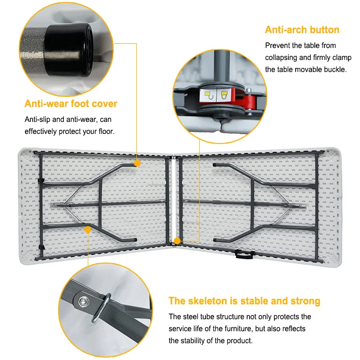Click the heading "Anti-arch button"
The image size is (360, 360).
tap(302, 30)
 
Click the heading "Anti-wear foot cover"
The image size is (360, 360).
tap(71, 104)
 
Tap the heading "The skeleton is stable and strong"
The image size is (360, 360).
tap(244, 301)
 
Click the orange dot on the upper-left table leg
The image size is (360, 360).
tap(137, 163)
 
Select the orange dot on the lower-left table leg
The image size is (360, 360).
tap(88, 230)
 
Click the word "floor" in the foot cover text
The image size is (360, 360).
tap(104, 131)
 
